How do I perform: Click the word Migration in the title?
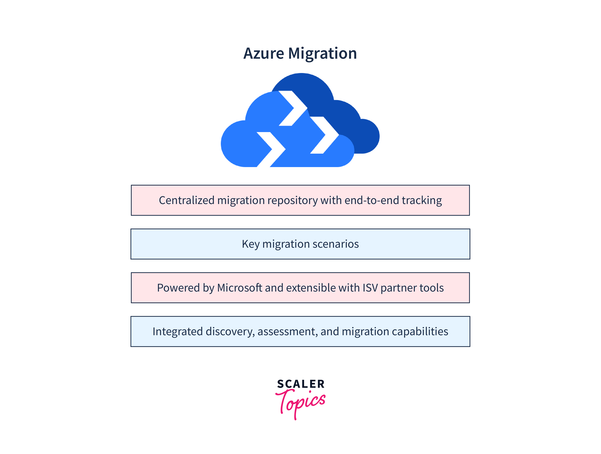pyautogui.click(x=323, y=54)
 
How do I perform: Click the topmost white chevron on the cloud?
pyautogui.click(x=293, y=108)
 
